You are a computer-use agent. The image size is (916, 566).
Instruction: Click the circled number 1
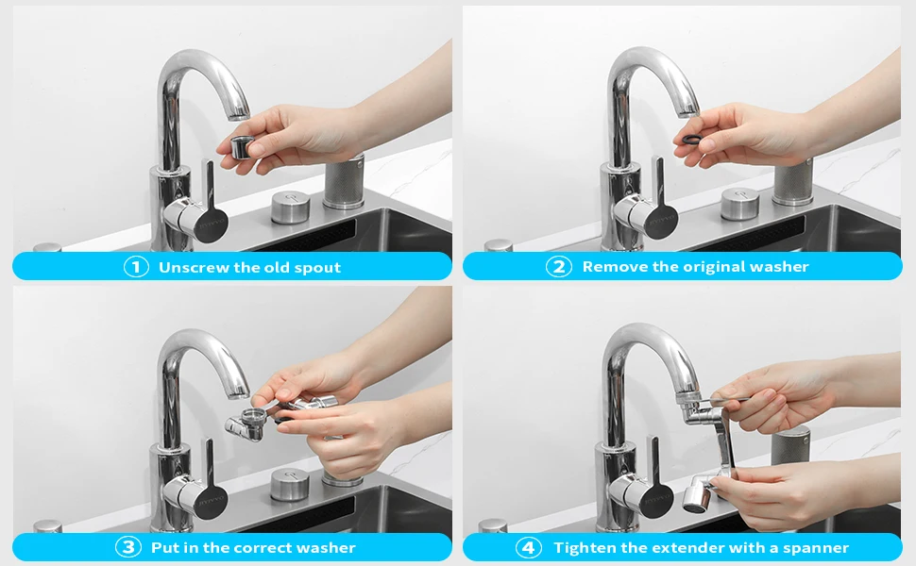click(136, 267)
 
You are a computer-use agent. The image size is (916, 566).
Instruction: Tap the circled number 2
click(558, 267)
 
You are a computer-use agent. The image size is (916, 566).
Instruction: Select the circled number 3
click(127, 547)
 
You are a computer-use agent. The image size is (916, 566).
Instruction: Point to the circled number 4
click(528, 547)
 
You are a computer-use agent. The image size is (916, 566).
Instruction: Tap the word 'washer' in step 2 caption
click(779, 267)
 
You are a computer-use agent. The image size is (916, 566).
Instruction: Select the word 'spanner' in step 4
click(816, 548)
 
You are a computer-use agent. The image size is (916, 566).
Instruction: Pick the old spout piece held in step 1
click(241, 147)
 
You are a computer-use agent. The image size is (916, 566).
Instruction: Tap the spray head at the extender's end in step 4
click(697, 498)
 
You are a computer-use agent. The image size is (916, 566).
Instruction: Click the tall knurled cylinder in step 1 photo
click(344, 180)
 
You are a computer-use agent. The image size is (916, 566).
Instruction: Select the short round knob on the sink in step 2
click(739, 204)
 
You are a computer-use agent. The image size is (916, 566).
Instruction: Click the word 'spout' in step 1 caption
click(317, 268)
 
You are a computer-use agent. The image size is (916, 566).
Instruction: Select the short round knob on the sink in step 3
click(290, 484)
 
